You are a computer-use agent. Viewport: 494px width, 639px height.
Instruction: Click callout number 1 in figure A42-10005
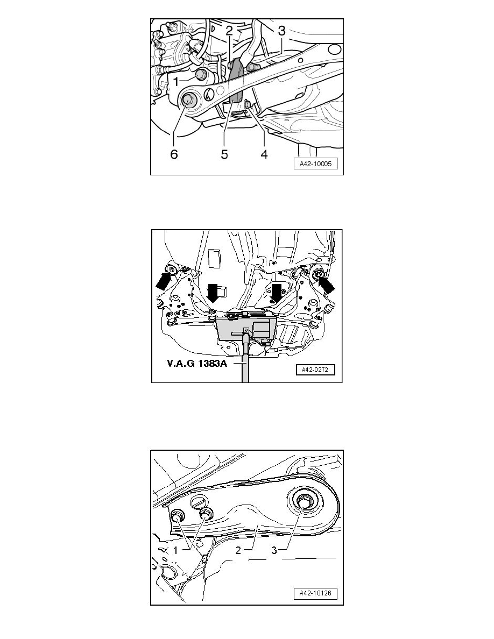click(x=175, y=82)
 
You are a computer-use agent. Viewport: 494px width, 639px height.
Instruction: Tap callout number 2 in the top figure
click(x=229, y=30)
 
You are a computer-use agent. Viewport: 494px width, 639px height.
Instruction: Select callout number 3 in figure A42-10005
click(x=281, y=31)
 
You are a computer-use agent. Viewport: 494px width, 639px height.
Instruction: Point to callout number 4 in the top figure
click(x=264, y=154)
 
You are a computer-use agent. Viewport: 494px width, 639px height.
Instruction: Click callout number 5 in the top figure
click(x=224, y=154)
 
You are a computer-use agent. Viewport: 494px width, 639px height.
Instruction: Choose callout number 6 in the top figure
click(x=174, y=154)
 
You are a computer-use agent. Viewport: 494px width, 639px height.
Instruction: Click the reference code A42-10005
click(x=316, y=164)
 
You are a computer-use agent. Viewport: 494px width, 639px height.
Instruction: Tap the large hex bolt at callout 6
click(x=189, y=100)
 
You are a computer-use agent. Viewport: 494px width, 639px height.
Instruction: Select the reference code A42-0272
click(x=315, y=370)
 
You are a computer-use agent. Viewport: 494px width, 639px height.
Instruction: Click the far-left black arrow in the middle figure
click(x=164, y=280)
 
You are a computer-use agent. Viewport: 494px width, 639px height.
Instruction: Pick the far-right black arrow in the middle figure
click(x=327, y=285)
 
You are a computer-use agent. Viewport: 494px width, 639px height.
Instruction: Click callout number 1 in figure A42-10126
click(x=175, y=550)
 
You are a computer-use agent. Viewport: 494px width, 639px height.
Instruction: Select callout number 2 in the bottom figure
click(x=238, y=550)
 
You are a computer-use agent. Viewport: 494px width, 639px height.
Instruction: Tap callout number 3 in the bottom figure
click(x=274, y=550)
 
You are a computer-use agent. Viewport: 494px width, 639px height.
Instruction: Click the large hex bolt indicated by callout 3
click(x=304, y=501)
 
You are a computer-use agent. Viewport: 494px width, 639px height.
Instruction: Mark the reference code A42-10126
click(x=316, y=593)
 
